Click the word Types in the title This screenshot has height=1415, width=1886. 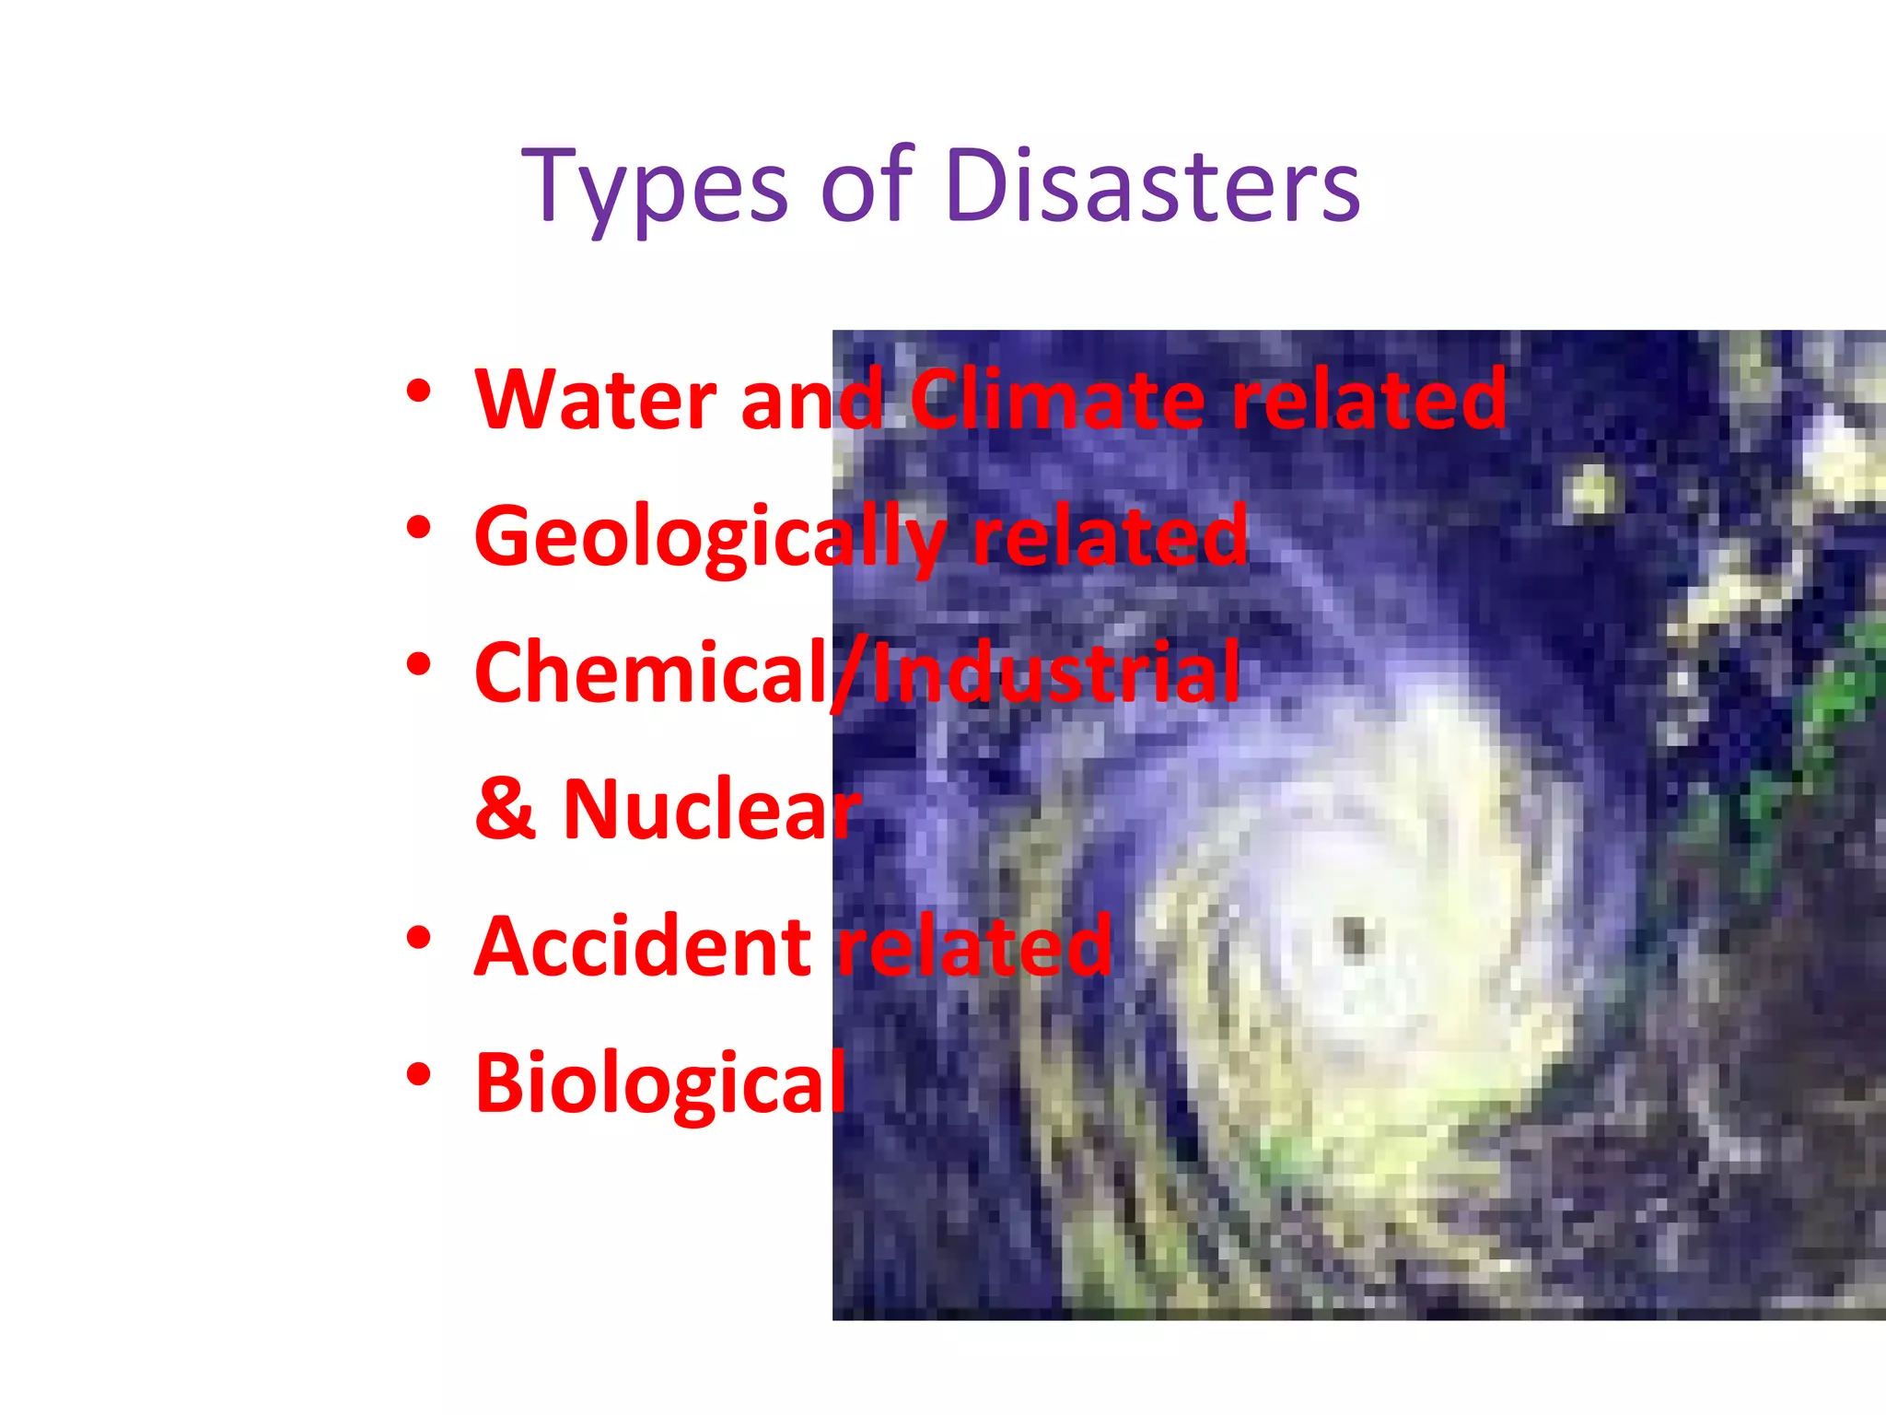(654, 188)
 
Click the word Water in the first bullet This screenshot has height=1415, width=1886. (595, 400)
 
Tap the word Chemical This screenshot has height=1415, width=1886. (650, 673)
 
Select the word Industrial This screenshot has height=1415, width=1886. (1055, 673)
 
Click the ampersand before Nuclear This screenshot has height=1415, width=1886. (505, 810)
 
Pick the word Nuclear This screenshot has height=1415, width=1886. (710, 810)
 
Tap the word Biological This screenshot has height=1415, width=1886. (659, 1083)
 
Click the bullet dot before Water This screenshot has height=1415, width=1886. (418, 392)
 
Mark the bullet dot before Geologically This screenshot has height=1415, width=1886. (418, 528)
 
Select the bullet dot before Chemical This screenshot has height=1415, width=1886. (418, 664)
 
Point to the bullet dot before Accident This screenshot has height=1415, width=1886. (418, 938)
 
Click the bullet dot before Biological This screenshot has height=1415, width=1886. (418, 1074)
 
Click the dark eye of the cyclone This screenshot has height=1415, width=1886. (1354, 937)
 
